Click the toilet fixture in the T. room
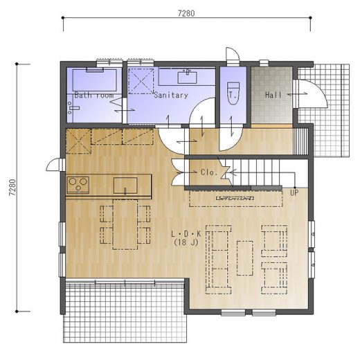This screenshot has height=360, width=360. (233, 93)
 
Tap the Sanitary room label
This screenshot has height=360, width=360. (171, 95)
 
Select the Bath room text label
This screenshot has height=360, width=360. (94, 95)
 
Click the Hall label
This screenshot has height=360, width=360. (273, 95)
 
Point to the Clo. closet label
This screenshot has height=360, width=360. (209, 172)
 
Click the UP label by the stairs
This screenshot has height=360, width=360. (294, 192)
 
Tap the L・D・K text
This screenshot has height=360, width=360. (186, 234)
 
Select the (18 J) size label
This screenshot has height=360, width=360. (186, 242)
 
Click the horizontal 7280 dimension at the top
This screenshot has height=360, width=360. (186, 14)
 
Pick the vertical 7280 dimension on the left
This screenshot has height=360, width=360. (12, 188)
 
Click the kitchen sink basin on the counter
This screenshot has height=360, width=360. (125, 186)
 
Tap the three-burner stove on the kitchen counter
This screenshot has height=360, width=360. (78, 185)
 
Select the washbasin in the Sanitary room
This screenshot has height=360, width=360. (187, 78)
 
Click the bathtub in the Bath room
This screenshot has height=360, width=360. (95, 80)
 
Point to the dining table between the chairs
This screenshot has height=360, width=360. (125, 224)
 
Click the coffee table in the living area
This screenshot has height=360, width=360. (245, 258)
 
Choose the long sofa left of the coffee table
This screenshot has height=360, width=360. (218, 260)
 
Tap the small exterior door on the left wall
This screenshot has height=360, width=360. (55, 165)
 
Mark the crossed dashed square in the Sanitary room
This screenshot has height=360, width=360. (141, 81)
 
